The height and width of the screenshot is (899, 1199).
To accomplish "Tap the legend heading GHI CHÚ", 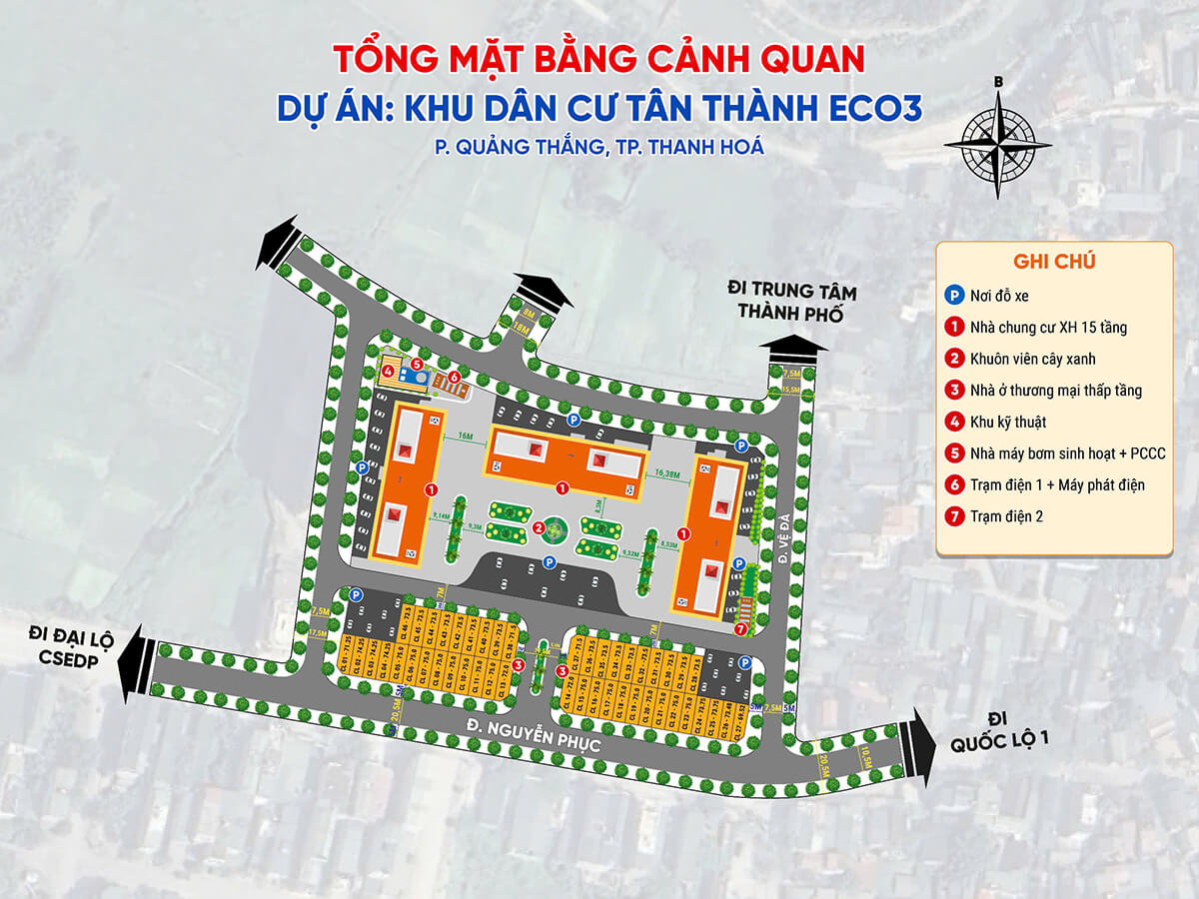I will click(x=1054, y=262).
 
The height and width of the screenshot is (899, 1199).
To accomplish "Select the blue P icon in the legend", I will click(x=953, y=295).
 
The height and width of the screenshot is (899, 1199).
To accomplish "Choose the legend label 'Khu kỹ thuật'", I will click(x=1010, y=422).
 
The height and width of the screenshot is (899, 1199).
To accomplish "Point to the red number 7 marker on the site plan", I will click(x=739, y=630).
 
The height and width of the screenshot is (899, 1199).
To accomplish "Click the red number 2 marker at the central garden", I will click(x=539, y=528).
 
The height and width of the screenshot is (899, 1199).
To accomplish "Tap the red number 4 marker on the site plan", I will click(x=387, y=372).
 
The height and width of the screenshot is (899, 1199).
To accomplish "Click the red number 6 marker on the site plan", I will click(x=455, y=377).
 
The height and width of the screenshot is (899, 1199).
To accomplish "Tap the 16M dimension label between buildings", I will click(x=466, y=437).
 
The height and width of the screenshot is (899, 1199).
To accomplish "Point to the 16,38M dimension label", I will click(x=666, y=472).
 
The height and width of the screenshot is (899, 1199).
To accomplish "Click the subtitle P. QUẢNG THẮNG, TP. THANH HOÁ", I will click(x=599, y=147).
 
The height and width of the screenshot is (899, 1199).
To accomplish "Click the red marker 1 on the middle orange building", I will click(x=563, y=488).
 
